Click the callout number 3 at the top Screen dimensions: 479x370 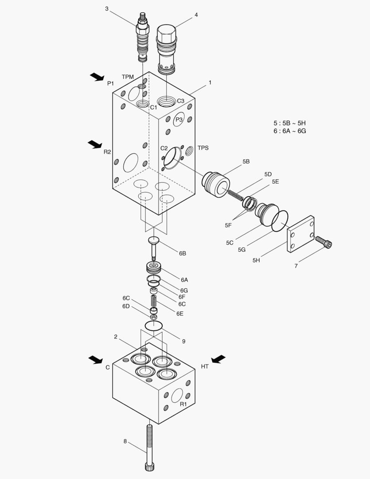coord(107,9)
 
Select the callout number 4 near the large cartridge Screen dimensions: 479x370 coord(196,15)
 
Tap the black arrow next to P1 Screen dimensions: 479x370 coord(97,77)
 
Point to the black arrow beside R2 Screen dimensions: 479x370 coord(94,144)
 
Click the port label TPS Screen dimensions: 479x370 coord(203,148)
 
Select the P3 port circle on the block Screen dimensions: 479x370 coord(179,120)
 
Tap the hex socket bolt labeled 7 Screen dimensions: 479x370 coord(323,242)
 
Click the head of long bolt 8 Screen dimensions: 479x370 coord(148,466)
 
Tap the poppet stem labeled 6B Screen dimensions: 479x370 coord(153,248)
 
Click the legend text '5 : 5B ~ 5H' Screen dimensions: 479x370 coord(289,123)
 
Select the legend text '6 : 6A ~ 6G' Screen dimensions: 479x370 coord(289,131)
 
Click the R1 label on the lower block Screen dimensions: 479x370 coord(183,404)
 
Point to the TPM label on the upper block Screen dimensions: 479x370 coord(128,77)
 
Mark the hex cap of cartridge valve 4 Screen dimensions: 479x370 coord(167,33)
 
